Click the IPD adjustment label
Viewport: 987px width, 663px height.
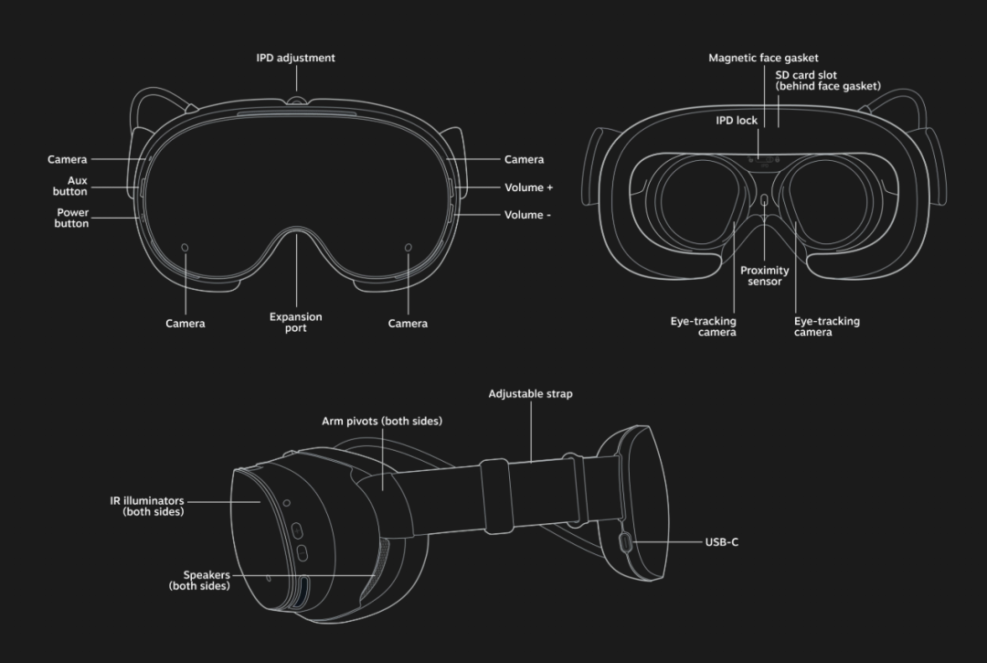coord(295,58)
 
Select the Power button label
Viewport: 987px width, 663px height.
coord(71,218)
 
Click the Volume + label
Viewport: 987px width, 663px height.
coord(529,187)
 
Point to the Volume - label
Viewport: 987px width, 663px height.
coord(528,215)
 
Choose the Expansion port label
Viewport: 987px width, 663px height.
coord(295,322)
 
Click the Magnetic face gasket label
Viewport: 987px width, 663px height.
coord(763,58)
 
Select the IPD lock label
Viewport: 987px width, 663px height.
coord(737,120)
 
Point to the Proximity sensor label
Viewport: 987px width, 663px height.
coord(765,276)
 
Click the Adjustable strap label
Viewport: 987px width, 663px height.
coord(530,394)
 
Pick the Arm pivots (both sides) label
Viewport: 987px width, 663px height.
coord(382,422)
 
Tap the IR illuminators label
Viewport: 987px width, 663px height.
coord(148,506)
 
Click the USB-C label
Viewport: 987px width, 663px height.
coord(722,542)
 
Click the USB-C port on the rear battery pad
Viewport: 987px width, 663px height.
coord(625,543)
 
